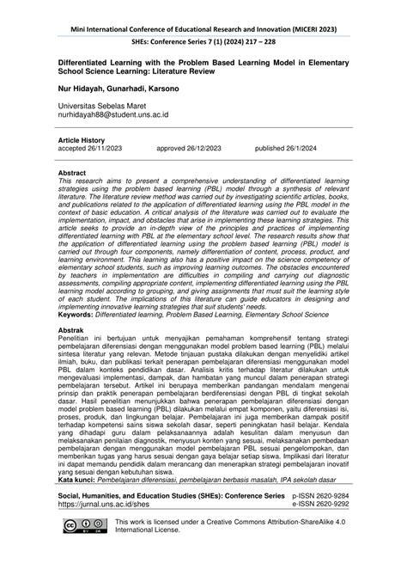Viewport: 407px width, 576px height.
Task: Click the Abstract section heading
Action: [x=71, y=172]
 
